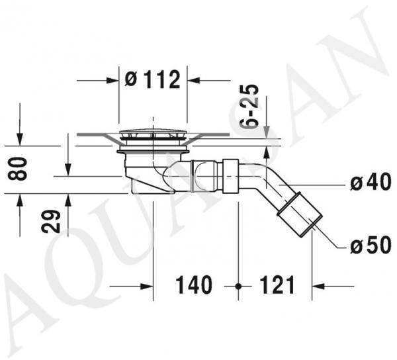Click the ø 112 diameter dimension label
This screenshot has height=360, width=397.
153,79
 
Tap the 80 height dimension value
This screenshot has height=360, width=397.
17,169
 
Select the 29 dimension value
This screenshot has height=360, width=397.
51,221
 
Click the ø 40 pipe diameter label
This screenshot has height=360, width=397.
371,181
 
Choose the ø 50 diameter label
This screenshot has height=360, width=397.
371,245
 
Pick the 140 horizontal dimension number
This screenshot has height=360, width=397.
194,285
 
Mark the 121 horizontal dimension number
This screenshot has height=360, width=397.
277,285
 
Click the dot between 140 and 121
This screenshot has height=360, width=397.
238,287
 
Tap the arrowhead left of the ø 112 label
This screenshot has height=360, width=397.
112,81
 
